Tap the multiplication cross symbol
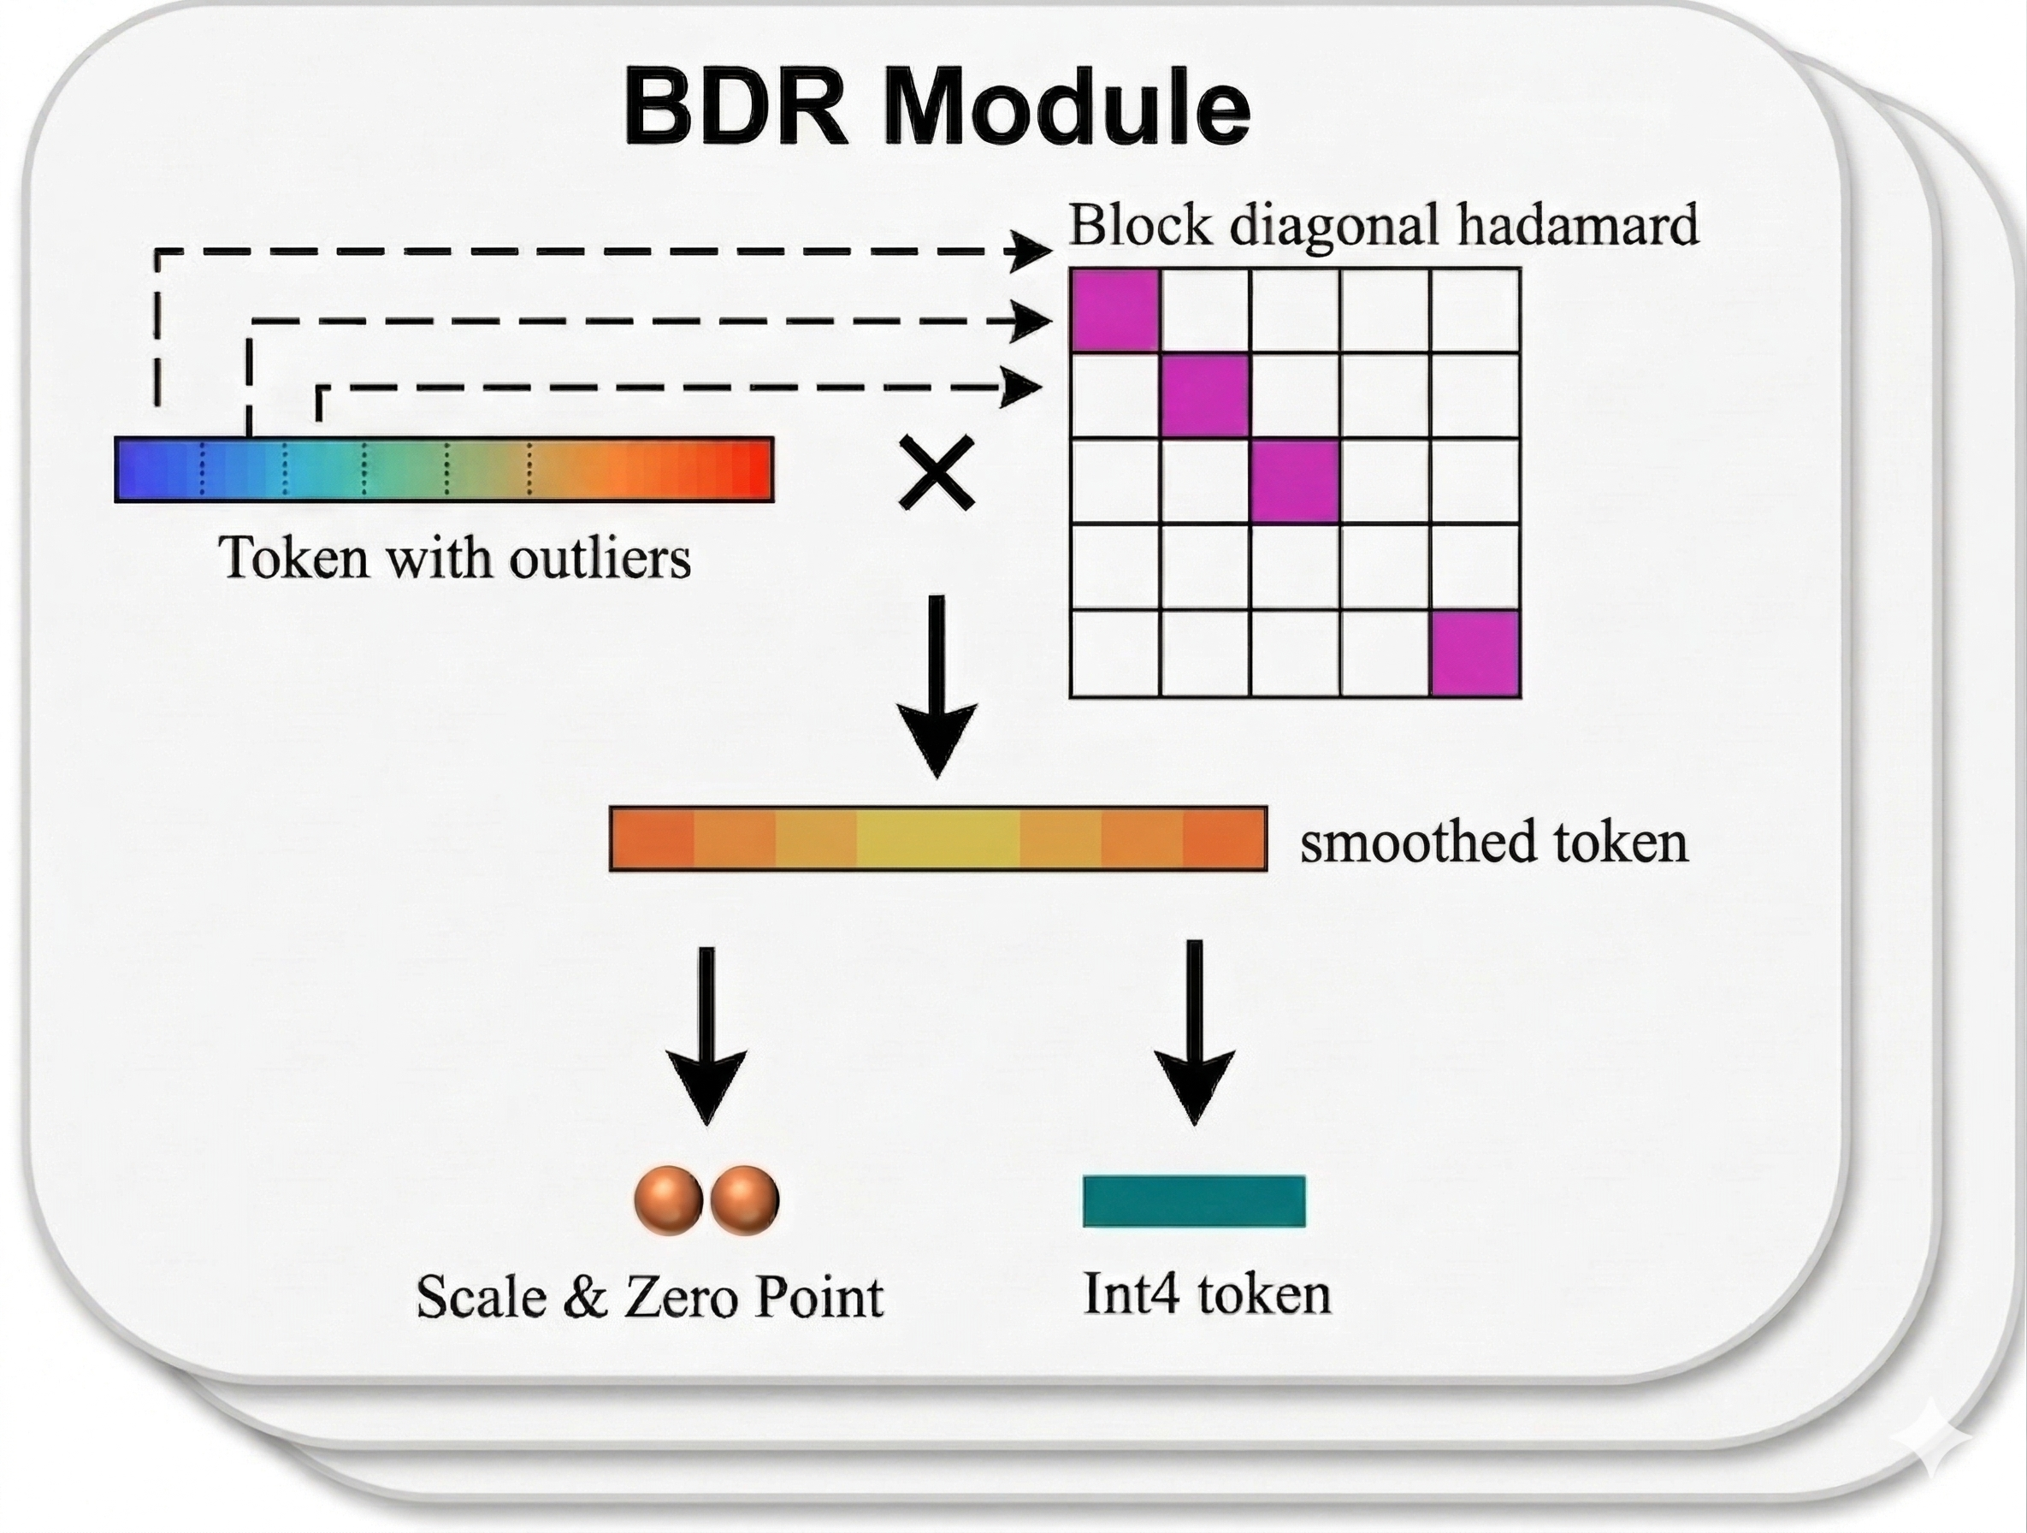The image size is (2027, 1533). click(936, 473)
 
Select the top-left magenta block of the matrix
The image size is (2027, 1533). click(1114, 310)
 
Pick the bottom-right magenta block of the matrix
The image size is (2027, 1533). click(1475, 654)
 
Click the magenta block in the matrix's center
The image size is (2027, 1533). click(1295, 481)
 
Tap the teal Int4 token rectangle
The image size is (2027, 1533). click(1193, 1200)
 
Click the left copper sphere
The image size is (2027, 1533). click(669, 1200)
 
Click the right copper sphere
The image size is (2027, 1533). click(744, 1200)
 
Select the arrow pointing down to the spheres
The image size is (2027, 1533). click(706, 1035)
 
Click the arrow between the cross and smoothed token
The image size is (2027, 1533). click(936, 687)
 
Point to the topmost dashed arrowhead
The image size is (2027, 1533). click(1031, 250)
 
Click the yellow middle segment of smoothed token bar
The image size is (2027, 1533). click(937, 838)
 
